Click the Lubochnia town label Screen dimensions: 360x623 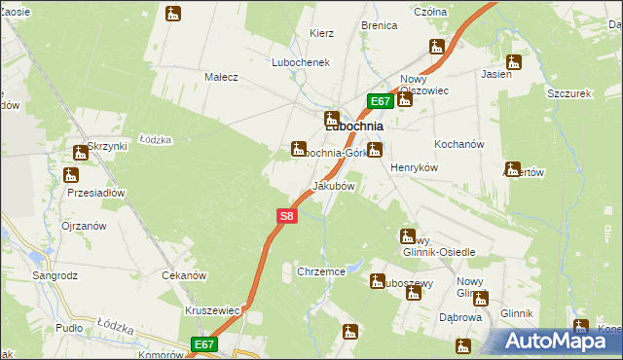tap(352, 126)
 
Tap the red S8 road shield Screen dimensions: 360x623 tap(285, 216)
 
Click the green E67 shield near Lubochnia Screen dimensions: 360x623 tap(381, 100)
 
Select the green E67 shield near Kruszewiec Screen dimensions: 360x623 tap(203, 344)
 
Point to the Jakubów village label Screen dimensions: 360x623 tap(332, 185)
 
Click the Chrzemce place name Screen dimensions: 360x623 tap(320, 272)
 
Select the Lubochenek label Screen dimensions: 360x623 tap(302, 61)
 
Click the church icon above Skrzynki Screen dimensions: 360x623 tap(81, 153)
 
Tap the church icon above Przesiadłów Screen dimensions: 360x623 tap(69, 176)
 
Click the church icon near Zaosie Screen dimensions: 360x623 tap(173, 14)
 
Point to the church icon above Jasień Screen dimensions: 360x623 tap(513, 62)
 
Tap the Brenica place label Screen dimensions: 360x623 tap(379, 25)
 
